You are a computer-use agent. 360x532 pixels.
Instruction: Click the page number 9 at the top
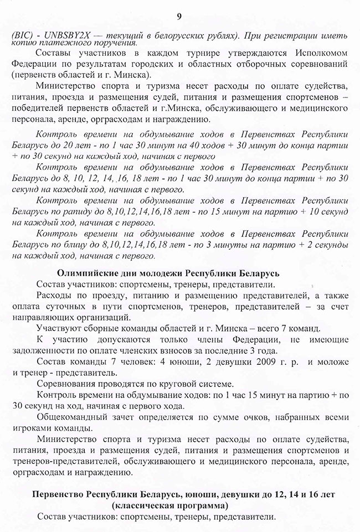(179, 7)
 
